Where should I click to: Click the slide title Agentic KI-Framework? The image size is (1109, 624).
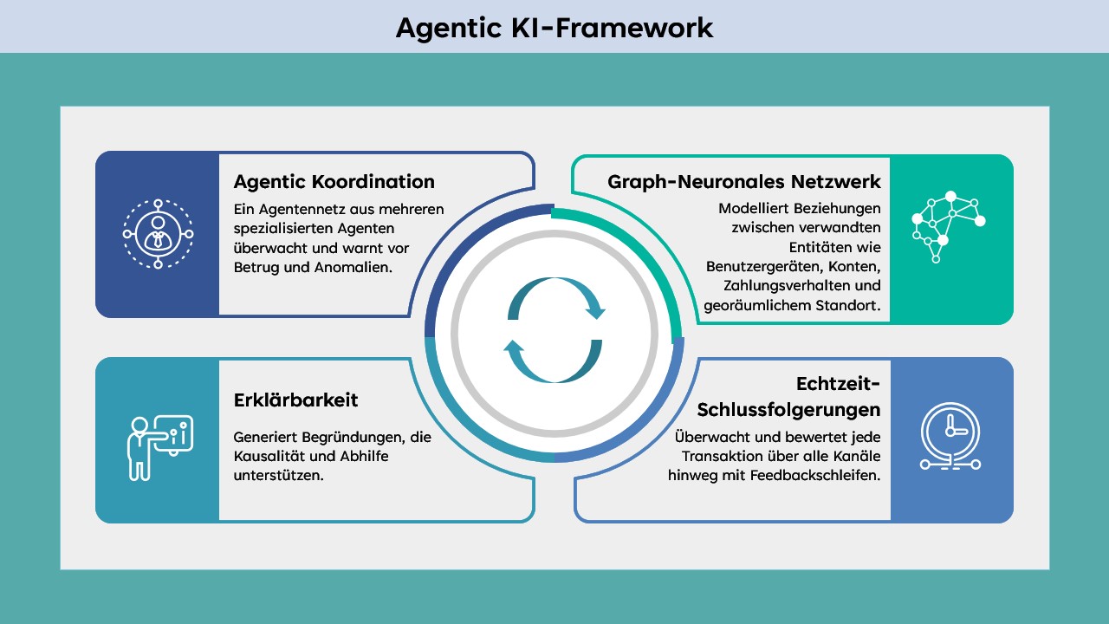coord(554,28)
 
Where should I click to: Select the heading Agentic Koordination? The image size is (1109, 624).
coord(334,182)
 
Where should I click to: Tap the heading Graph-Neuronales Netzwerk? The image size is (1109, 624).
coord(744,182)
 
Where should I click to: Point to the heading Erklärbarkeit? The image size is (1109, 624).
coord(295,400)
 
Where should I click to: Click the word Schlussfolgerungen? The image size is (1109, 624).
coord(788,409)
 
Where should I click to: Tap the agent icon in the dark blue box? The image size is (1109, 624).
coord(158,234)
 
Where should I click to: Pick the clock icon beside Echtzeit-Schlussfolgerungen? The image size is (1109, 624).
coord(950,438)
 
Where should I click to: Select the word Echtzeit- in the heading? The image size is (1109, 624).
coord(838,383)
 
